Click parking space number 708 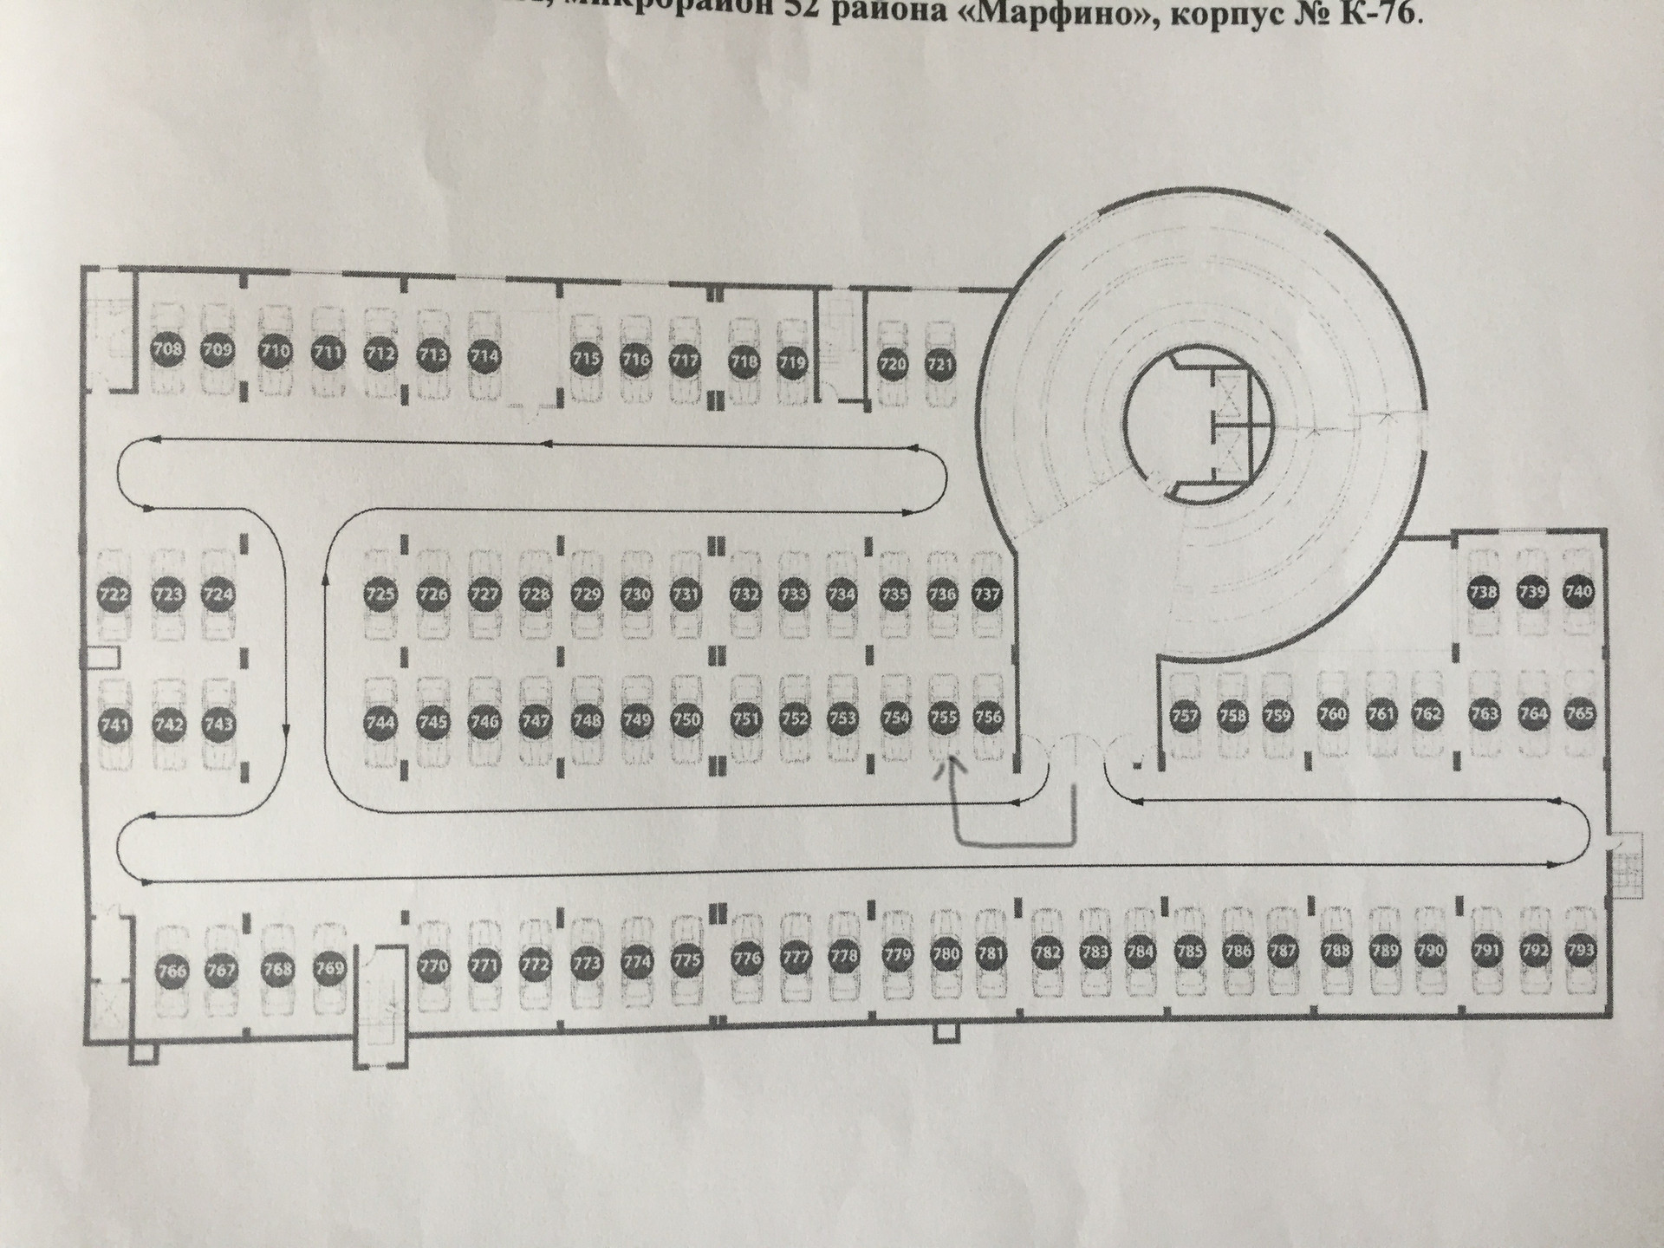(167, 350)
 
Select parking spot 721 (940, 364)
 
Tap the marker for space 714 (484, 355)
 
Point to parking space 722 (114, 595)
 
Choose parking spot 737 (987, 595)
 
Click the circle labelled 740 (1578, 592)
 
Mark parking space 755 (942, 718)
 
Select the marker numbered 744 (380, 722)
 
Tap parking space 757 (1184, 716)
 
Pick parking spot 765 (1579, 714)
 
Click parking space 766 (172, 971)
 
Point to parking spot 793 (1581, 950)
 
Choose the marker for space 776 (746, 958)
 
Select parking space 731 (686, 595)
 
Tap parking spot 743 (218, 724)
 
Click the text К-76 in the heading (1378, 15)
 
